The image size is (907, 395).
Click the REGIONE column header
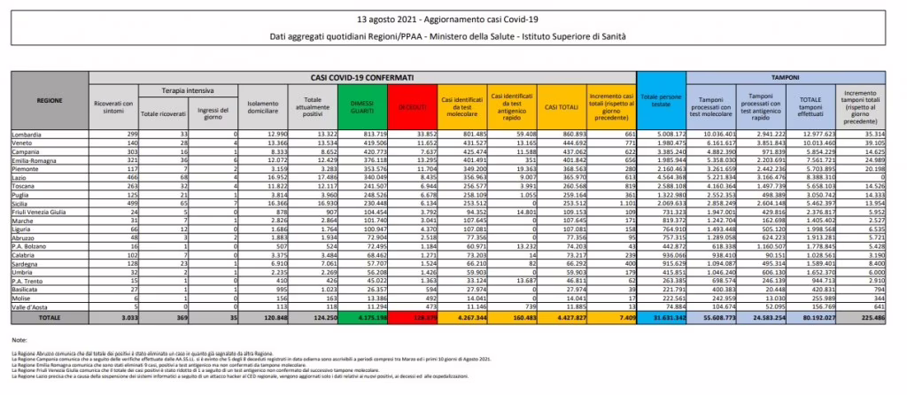[50, 100]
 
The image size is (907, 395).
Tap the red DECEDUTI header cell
[411, 106]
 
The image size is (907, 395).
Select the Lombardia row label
[27, 133]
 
